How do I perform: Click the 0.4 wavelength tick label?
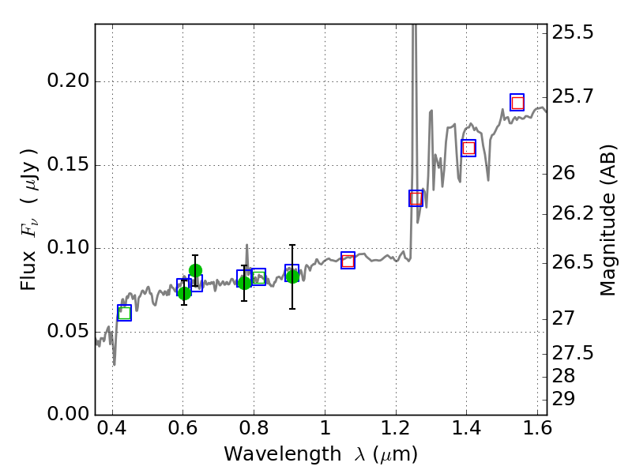(112, 433)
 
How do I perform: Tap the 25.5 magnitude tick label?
(574, 33)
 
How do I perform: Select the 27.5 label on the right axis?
(574, 352)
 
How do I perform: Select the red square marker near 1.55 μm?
(517, 103)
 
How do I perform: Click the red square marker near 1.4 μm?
(468, 148)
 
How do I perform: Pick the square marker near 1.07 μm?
(348, 260)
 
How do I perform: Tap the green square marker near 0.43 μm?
(124, 313)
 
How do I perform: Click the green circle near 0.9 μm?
(292, 276)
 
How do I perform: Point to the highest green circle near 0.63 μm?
(195, 271)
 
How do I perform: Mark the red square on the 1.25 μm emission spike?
(416, 198)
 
